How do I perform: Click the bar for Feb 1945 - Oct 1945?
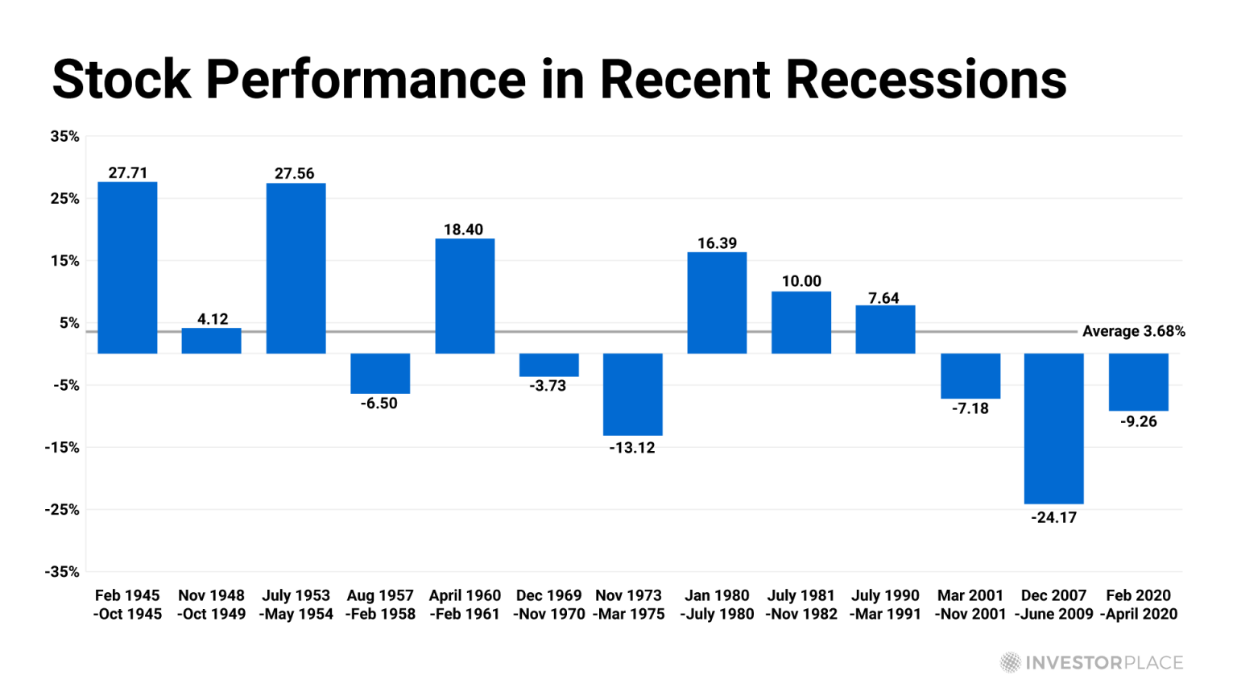(x=127, y=267)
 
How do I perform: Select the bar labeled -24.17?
(x=1053, y=429)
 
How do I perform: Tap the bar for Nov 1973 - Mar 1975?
(x=632, y=394)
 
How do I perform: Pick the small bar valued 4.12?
(x=211, y=341)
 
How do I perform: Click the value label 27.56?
(x=295, y=173)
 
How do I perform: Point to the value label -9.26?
(x=1138, y=421)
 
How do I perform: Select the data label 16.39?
(x=717, y=243)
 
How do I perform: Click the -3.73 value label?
(x=548, y=386)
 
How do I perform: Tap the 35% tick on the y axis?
(x=65, y=136)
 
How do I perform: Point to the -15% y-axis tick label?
(x=62, y=447)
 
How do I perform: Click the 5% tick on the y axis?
(x=69, y=323)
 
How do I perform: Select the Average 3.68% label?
(x=1133, y=331)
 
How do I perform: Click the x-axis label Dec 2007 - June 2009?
(x=1053, y=605)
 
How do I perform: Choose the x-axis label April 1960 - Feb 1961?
(x=465, y=605)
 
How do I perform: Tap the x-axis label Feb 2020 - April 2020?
(x=1138, y=605)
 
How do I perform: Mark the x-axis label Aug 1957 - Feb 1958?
(x=380, y=605)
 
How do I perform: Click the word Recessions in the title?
(x=925, y=80)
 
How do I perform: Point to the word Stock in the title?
(x=122, y=80)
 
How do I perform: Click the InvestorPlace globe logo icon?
(x=1010, y=663)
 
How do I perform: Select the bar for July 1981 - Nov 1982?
(x=801, y=322)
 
